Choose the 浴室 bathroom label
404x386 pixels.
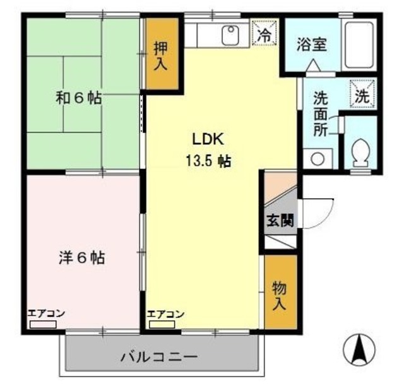point(311,46)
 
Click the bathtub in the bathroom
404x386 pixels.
point(359,46)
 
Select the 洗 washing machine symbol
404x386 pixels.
point(362,97)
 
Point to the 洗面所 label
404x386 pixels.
point(321,114)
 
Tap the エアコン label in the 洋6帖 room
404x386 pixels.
point(46,313)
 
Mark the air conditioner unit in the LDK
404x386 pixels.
point(162,325)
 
